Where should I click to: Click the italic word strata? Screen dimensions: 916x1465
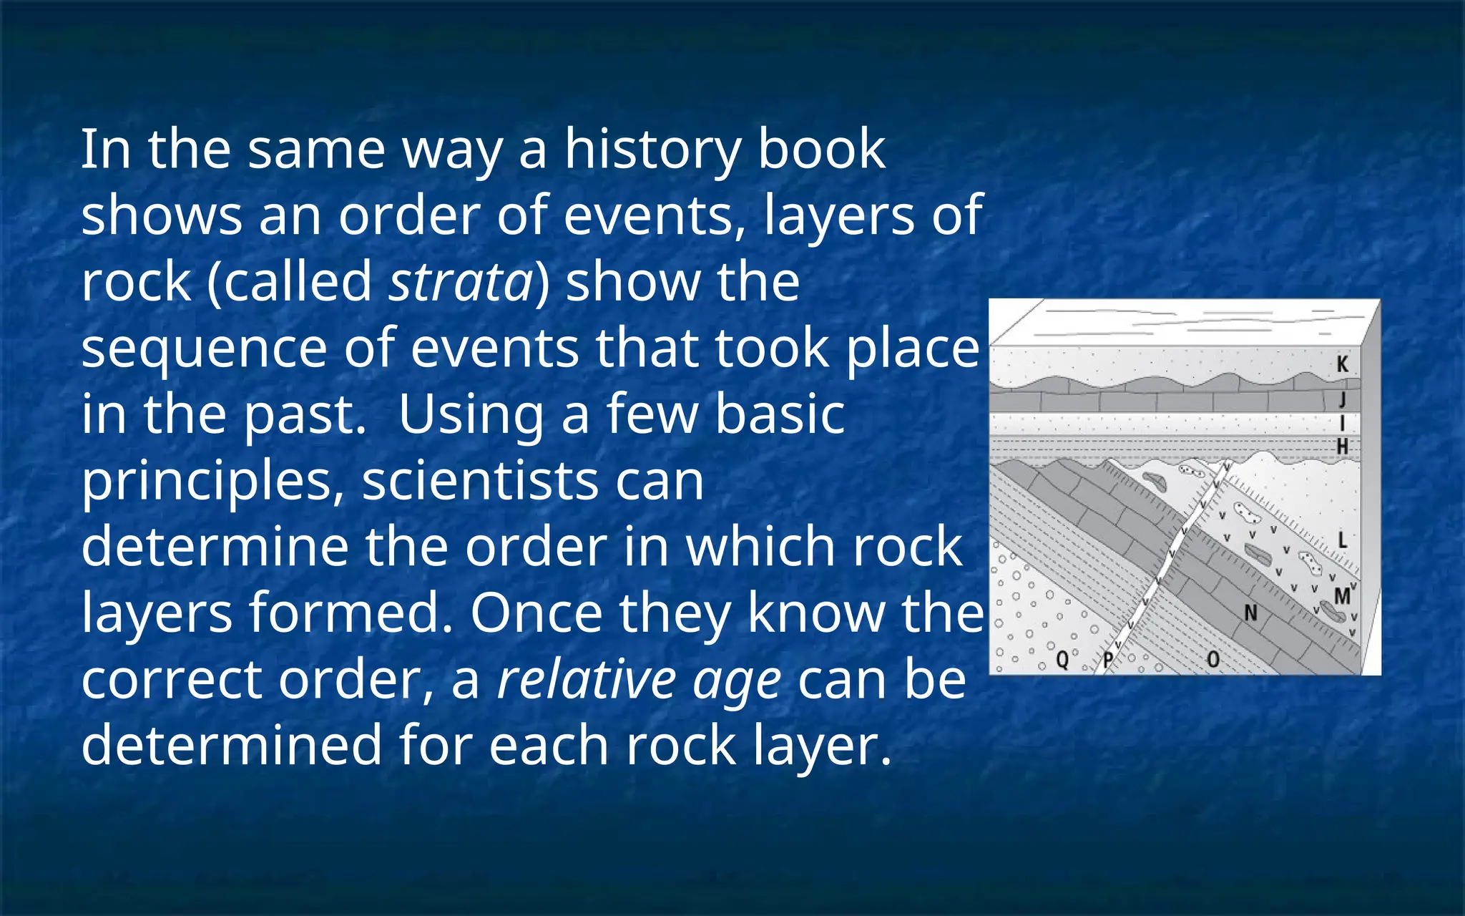click(x=461, y=282)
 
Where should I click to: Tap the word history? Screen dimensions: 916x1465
click(x=653, y=150)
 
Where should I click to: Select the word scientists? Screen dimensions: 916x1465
click(x=480, y=481)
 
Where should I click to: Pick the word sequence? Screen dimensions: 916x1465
click(x=204, y=350)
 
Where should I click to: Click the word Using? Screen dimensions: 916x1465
click(x=470, y=415)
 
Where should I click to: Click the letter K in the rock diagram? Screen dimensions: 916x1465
click(x=1343, y=364)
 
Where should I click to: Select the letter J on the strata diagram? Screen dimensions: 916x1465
click(x=1343, y=399)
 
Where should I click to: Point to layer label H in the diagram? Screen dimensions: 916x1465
click(x=1343, y=447)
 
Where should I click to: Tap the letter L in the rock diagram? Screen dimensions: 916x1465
click(x=1342, y=540)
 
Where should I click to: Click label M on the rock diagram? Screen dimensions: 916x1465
click(x=1341, y=595)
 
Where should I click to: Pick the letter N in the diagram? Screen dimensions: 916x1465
click(x=1250, y=613)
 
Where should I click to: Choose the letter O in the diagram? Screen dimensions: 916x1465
click(x=1212, y=659)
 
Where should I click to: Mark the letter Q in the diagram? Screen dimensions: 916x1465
click(x=1062, y=659)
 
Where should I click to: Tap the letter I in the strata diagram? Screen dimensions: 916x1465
click(x=1343, y=424)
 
